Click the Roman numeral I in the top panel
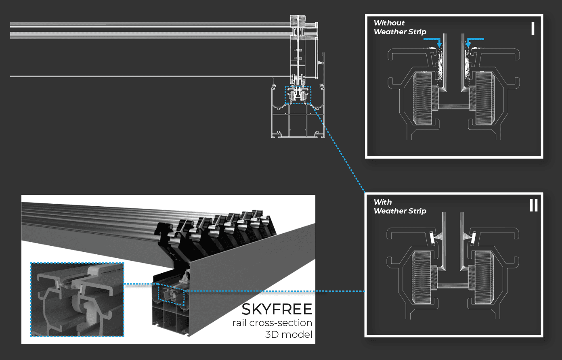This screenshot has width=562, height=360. [x=533, y=29]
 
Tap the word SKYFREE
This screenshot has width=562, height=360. [x=277, y=310]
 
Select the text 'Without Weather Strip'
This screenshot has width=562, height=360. [x=399, y=27]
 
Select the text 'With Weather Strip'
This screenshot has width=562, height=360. [x=399, y=207]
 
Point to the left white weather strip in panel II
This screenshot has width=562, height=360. [x=432, y=239]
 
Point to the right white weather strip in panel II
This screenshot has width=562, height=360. [x=473, y=239]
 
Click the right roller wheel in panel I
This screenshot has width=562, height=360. [x=484, y=98]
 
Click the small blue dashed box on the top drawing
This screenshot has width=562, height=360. [x=298, y=95]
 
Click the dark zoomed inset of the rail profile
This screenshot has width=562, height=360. [x=77, y=299]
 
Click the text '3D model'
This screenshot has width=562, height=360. [x=289, y=335]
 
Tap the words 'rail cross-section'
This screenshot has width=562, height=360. [x=272, y=323]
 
